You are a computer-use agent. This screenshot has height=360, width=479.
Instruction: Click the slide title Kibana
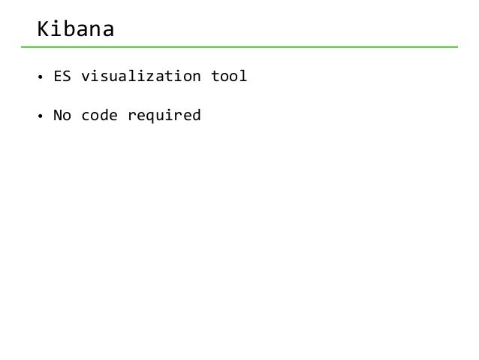76,30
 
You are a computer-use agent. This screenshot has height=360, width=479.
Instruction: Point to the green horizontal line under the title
248,47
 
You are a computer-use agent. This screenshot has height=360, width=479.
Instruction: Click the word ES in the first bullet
62,76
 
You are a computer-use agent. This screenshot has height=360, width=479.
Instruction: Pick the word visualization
140,76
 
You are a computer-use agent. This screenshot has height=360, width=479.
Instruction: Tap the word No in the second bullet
62,116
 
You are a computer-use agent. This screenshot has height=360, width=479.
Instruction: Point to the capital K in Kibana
44,30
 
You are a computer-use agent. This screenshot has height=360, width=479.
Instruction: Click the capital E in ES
57,76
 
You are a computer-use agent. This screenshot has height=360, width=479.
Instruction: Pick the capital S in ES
66,76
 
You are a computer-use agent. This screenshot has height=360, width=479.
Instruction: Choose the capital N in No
57,116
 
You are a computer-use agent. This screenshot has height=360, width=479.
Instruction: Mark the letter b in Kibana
70,30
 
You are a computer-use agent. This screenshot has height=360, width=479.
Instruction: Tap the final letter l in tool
243,76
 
